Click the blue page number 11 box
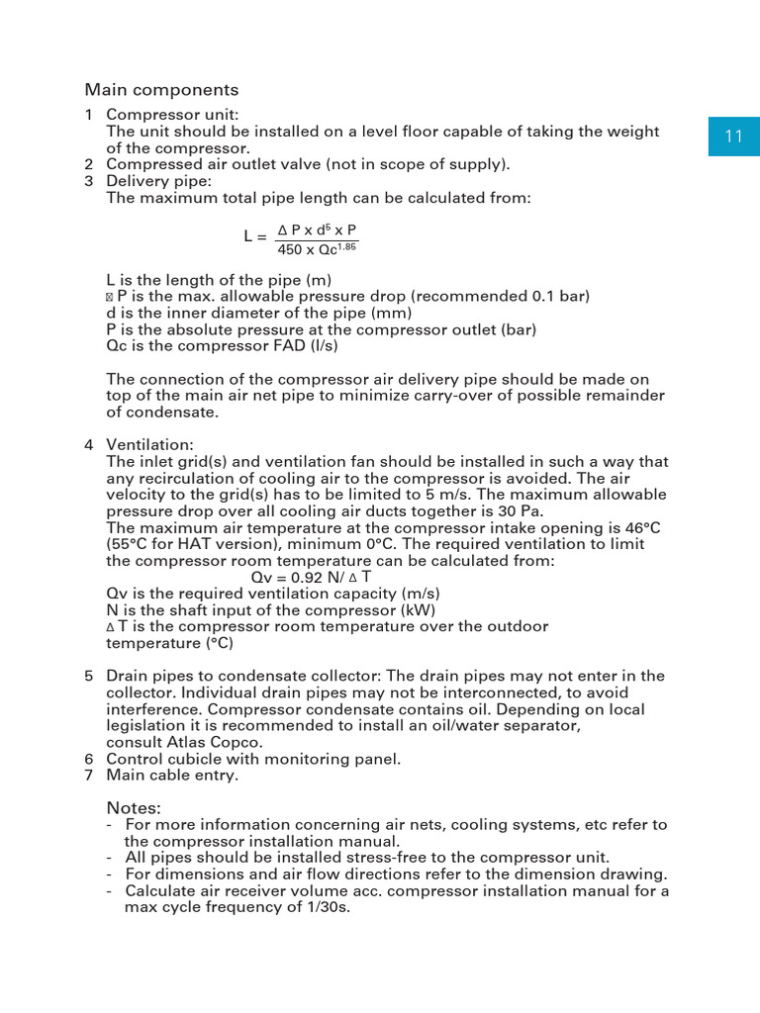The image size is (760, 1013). (x=733, y=137)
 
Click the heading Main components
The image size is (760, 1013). (x=161, y=90)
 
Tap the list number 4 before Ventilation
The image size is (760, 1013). (x=89, y=444)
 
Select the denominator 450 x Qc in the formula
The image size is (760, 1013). (x=318, y=249)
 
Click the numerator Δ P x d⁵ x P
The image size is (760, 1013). (x=317, y=230)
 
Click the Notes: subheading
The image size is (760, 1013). (x=134, y=807)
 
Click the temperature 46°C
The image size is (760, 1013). (x=643, y=527)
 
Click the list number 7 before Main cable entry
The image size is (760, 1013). (x=89, y=776)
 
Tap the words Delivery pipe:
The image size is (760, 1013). (x=159, y=181)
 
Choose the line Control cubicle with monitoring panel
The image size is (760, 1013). (x=253, y=759)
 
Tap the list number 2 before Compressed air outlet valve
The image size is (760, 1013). (x=89, y=164)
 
